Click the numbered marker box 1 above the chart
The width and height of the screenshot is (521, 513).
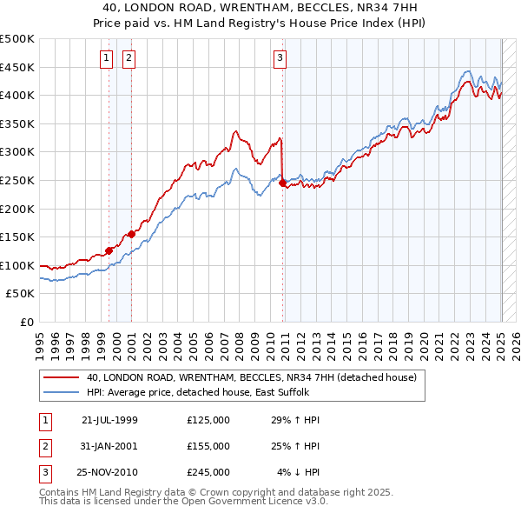click(106, 58)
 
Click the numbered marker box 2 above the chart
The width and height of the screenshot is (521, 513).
click(129, 58)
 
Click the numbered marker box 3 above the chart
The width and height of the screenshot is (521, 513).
click(280, 58)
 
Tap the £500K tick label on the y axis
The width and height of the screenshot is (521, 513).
click(17, 39)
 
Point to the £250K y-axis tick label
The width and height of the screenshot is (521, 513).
click(17, 180)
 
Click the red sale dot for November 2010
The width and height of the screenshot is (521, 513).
click(284, 183)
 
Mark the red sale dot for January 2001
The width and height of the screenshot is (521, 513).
click(132, 234)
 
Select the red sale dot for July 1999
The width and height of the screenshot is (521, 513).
click(109, 250)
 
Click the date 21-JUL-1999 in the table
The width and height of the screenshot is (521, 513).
click(109, 420)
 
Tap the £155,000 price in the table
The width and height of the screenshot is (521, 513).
click(208, 446)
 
